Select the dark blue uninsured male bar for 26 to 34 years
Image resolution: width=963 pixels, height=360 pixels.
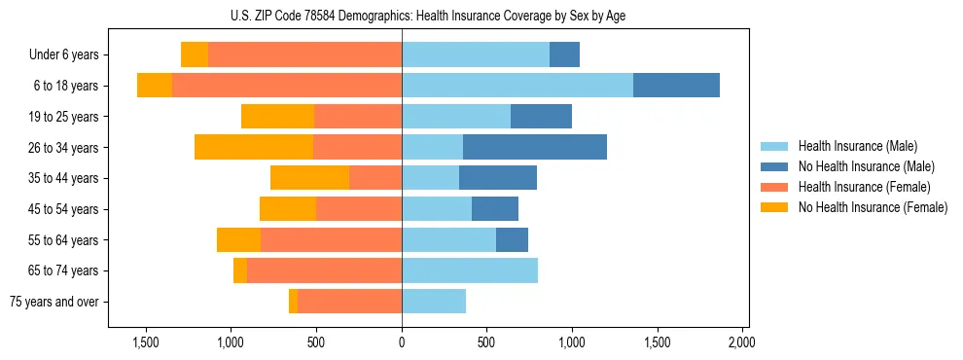535,147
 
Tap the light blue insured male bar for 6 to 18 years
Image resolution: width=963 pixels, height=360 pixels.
517,86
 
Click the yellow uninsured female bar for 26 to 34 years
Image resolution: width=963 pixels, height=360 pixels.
254,147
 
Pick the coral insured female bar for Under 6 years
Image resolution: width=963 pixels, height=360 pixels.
304,54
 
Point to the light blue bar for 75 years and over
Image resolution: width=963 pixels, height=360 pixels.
434,302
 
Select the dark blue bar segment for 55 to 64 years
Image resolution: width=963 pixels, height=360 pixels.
512,239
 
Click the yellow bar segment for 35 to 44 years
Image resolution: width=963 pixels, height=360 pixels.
309,178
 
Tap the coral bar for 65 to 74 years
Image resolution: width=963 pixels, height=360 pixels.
324,270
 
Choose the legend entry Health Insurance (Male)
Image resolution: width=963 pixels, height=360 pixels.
857,146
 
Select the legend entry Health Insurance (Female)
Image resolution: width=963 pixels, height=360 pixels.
861,187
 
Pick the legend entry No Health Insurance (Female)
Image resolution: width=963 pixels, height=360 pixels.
871,207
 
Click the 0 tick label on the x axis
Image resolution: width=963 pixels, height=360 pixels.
402,342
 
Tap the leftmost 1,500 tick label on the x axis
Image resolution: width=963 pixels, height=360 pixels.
145,342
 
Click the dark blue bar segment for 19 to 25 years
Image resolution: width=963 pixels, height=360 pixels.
541,117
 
